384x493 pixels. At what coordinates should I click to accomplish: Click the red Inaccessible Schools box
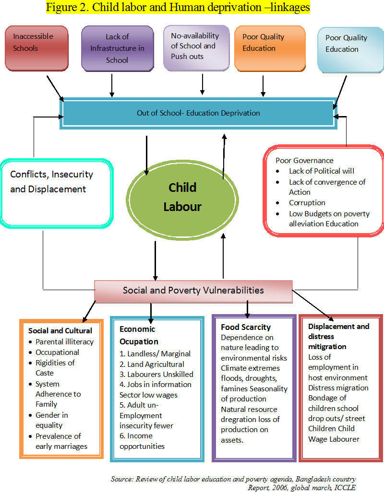36,48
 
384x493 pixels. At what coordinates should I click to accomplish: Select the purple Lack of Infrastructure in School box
117,48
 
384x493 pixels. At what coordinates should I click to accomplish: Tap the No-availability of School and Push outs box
196,47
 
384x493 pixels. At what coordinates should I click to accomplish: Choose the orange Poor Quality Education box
269,48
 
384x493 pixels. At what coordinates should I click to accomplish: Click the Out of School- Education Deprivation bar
198,114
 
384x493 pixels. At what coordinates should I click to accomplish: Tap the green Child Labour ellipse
182,197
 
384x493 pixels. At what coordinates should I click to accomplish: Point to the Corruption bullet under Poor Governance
307,203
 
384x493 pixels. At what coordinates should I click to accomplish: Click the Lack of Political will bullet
322,171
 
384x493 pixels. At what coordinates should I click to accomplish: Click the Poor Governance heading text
304,161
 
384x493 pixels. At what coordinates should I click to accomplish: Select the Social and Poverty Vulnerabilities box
193,291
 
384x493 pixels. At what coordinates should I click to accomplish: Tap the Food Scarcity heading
246,328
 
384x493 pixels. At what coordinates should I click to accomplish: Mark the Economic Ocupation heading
139,335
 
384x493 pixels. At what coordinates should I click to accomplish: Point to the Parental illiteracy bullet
64,342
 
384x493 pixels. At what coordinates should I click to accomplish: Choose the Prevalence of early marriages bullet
61,441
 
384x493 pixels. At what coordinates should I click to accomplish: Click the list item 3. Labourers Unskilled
156,374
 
